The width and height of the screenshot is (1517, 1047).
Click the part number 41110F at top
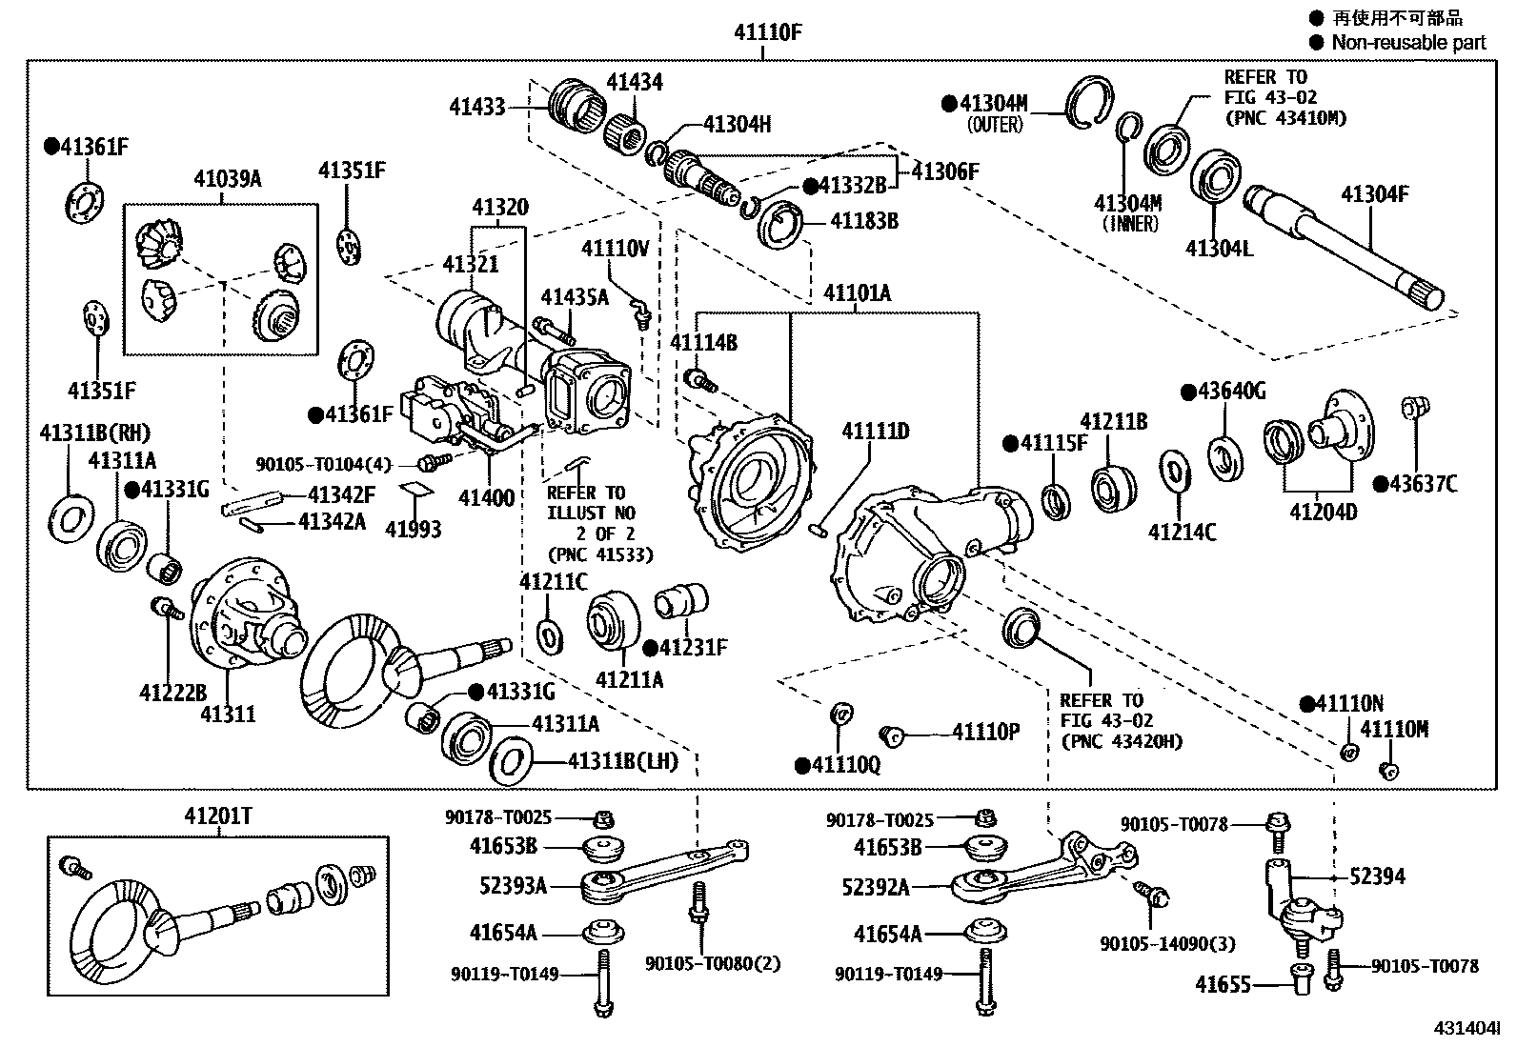767,32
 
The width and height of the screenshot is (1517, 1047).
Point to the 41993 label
413,529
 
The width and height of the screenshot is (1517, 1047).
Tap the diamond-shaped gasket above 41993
411,490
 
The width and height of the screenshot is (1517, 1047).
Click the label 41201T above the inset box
218,815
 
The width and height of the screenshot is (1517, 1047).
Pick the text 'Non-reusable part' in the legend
1407,42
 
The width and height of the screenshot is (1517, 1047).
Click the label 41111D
875,432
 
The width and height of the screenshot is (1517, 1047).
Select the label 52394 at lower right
1376,876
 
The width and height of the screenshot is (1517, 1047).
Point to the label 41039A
227,178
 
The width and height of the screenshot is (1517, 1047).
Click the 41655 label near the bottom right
1224,984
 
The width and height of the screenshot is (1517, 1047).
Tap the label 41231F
693,648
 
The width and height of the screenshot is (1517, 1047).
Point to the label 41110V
615,249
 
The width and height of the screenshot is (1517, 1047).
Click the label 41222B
172,692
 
